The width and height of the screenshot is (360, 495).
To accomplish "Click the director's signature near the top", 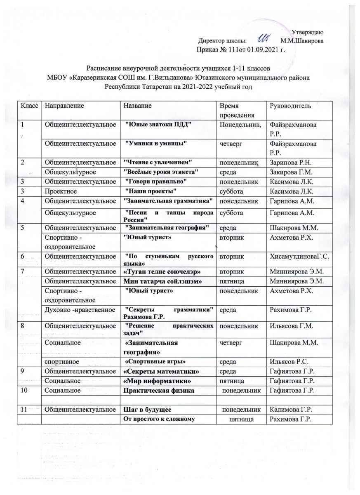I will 264,38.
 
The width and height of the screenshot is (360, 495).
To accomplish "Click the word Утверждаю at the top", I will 307,32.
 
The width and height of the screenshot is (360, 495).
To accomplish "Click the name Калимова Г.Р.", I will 289,409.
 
